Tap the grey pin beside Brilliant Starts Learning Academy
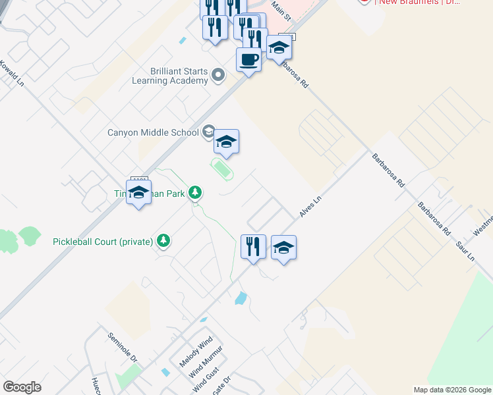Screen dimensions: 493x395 (218, 77)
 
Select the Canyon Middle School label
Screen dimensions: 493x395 (153, 132)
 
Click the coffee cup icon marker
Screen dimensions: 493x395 (248, 60)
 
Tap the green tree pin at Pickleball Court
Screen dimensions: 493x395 (163, 242)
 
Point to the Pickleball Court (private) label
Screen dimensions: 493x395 (103, 242)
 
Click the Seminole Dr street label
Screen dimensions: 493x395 (122, 347)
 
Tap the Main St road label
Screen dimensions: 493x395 (281, 12)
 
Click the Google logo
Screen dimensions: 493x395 (22, 386)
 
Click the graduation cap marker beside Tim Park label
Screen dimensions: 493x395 (138, 192)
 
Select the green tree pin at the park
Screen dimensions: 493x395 (195, 193)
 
